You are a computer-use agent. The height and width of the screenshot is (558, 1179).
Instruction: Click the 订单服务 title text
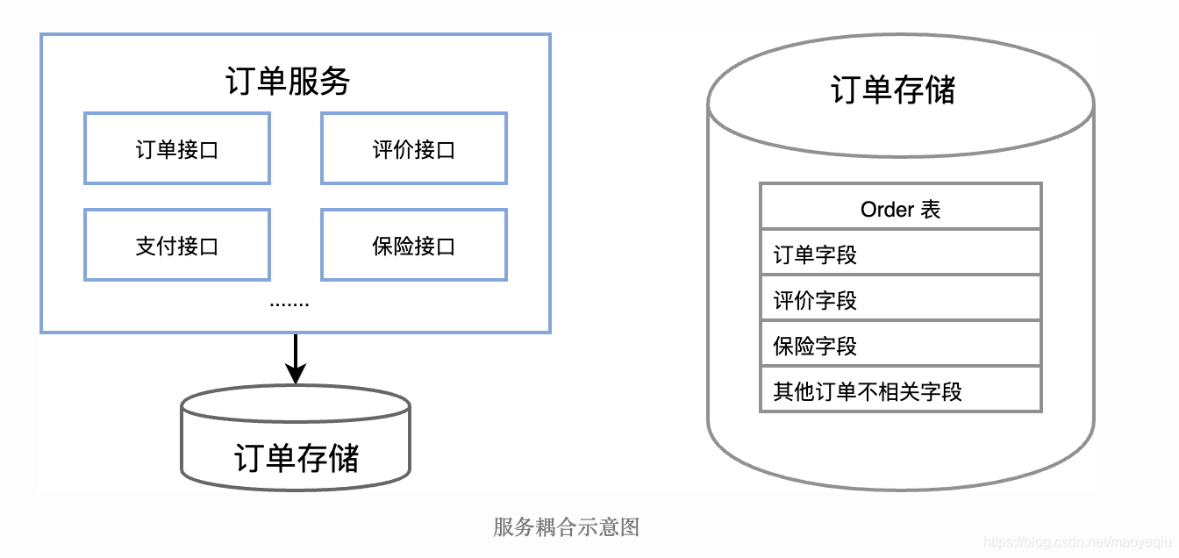288,82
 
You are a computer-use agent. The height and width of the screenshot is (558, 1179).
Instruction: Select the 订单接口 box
176,149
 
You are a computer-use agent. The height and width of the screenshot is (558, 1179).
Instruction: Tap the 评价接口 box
413,149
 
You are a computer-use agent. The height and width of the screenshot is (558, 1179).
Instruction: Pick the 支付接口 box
176,246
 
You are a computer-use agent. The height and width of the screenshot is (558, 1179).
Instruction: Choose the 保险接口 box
413,246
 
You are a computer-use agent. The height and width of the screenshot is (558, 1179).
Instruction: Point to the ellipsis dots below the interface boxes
289,304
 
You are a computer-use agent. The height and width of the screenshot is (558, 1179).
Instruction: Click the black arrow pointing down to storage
296,355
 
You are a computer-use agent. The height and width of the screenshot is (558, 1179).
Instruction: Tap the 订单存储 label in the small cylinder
296,457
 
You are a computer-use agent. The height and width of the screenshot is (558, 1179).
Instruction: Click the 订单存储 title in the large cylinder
892,90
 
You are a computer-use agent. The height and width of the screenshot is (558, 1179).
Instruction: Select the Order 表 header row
900,209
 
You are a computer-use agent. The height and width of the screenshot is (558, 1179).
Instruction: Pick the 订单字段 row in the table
900,254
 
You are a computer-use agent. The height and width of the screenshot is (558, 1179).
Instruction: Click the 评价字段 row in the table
900,300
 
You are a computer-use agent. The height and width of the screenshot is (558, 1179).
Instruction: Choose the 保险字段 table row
900,346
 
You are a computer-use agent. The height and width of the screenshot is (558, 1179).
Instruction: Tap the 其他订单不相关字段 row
900,391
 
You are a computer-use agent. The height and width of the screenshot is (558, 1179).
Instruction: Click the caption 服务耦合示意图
566,527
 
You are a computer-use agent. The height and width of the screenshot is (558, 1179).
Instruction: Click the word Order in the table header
887,210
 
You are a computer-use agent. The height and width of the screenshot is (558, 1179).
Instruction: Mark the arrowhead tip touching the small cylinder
296,380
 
